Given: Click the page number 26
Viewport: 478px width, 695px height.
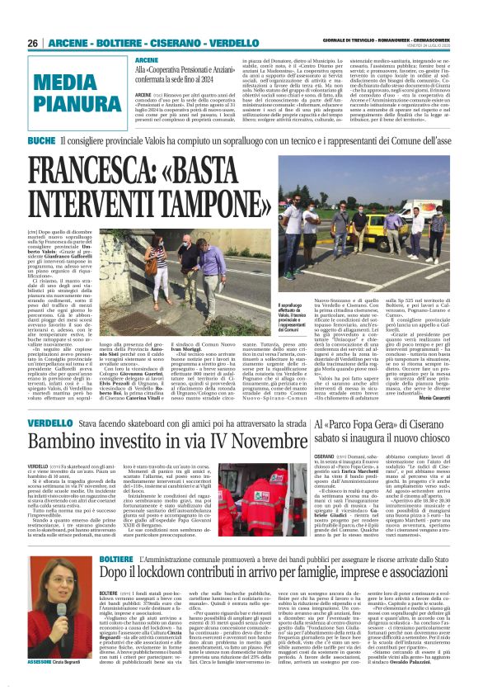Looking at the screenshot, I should (33, 42).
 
